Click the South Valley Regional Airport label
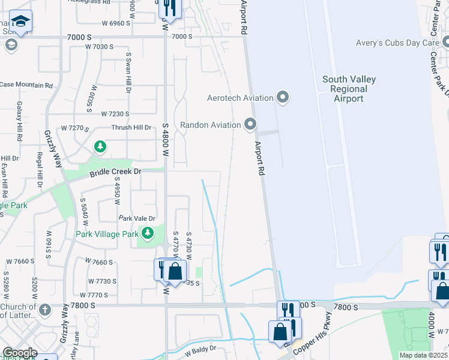click(349, 89)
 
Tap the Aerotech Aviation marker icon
click(283, 97)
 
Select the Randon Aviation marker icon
click(250, 125)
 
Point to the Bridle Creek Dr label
click(115, 172)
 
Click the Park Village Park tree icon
click(147, 233)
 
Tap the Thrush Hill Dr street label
click(131, 127)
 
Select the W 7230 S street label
click(115, 113)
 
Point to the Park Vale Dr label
click(137, 218)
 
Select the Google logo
click(19, 353)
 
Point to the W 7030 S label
click(99, 46)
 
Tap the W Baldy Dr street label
click(200, 349)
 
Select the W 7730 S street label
click(102, 281)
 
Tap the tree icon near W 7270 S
click(100, 146)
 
